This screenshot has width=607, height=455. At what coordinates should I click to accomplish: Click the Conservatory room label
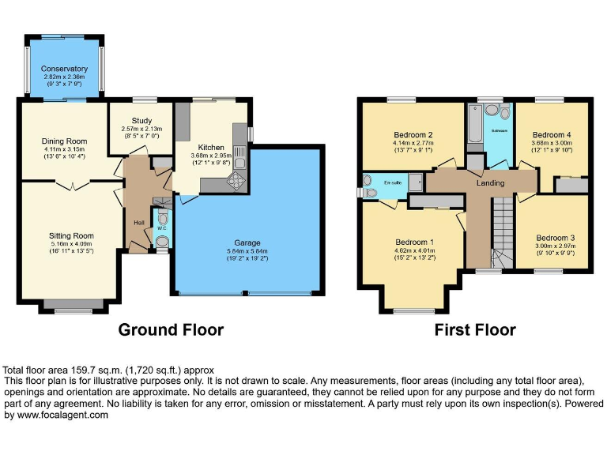pos(64,69)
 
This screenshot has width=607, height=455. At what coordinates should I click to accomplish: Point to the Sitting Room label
pos(71,235)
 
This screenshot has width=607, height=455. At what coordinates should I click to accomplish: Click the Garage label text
pos(247,243)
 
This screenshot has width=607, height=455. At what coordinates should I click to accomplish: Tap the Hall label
pos(139,222)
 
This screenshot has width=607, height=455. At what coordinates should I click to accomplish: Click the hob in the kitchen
pos(236,182)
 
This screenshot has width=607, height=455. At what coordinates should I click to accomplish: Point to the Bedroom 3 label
pos(555,238)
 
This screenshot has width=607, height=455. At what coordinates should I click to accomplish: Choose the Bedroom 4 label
pos(551,135)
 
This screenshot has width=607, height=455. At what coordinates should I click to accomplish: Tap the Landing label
pos(490,183)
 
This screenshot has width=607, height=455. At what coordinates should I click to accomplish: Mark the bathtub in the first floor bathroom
pos(474,126)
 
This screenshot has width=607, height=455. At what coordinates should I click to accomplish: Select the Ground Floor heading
pos(171,329)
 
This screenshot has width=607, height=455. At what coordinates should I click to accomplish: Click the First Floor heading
pos(475,329)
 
